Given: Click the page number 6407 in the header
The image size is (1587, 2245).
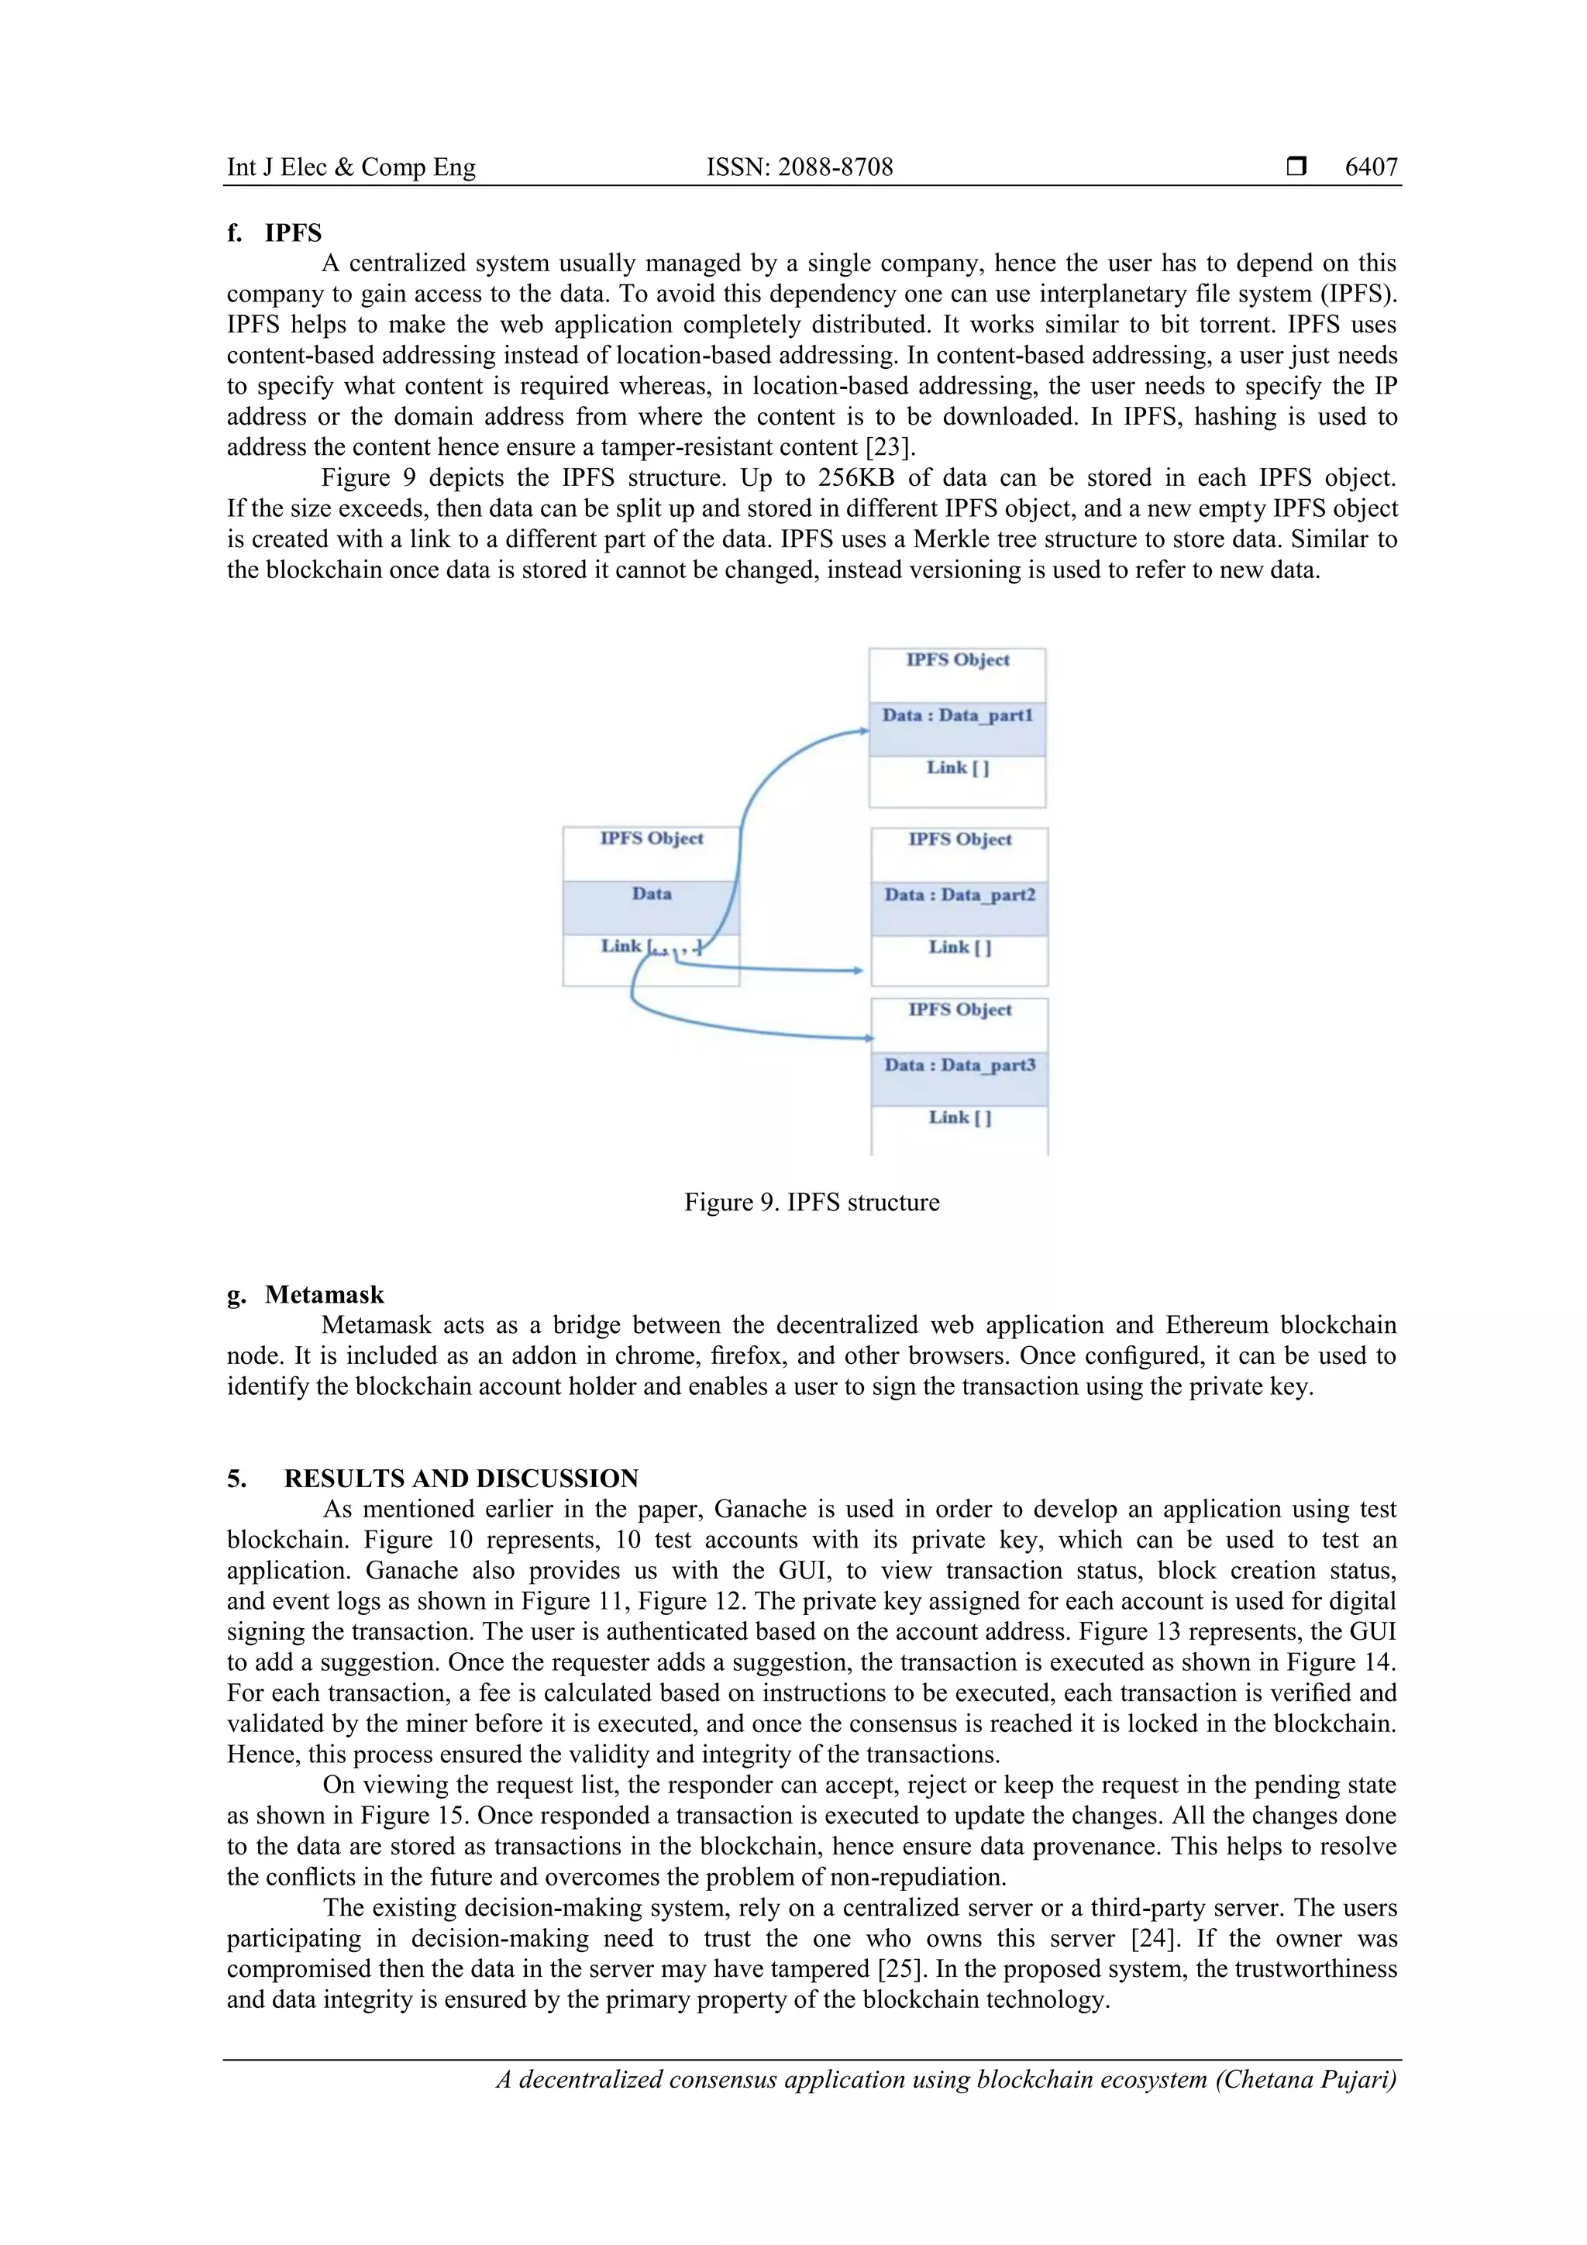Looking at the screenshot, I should [x=1371, y=167].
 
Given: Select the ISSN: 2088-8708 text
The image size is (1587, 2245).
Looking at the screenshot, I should [x=799, y=167].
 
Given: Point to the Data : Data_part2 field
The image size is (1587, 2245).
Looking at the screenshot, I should [x=959, y=896].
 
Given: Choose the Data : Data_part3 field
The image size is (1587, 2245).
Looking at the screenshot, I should [x=959, y=1066].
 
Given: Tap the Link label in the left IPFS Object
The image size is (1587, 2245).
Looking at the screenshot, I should [x=621, y=946].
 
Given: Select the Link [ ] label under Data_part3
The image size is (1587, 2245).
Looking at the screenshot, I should [x=959, y=1117].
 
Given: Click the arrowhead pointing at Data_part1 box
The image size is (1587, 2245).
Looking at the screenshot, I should [x=863, y=731].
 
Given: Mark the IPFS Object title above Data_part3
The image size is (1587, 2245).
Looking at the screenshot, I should [x=959, y=1010].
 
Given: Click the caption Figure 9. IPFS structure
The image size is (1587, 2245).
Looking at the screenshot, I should [x=811, y=1203].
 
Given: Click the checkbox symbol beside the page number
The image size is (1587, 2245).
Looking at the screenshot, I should [x=1296, y=167].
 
